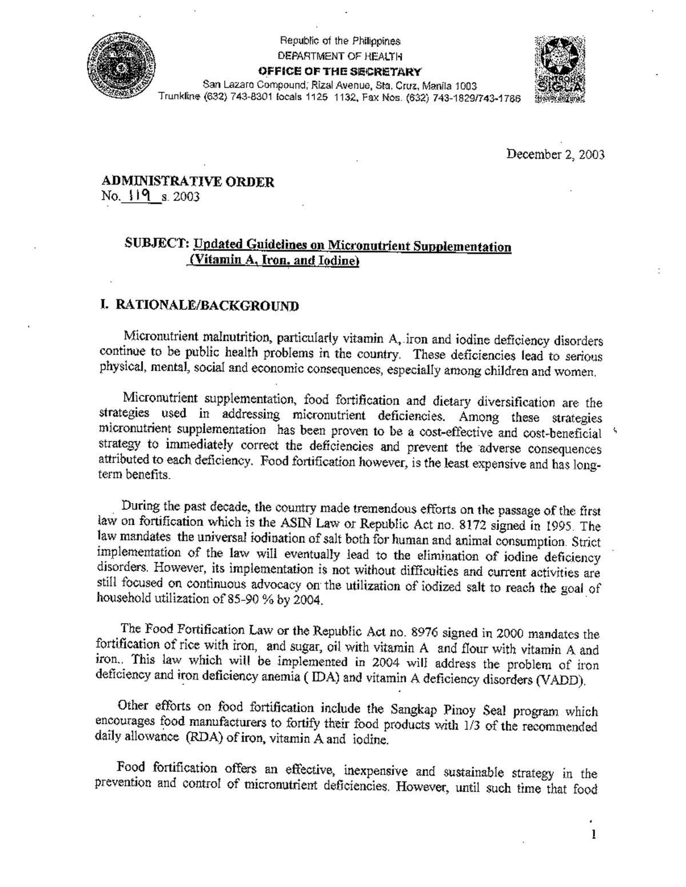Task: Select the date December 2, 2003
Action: point(555,155)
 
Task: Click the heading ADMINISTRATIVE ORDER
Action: point(188,182)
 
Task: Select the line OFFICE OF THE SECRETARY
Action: point(340,71)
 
